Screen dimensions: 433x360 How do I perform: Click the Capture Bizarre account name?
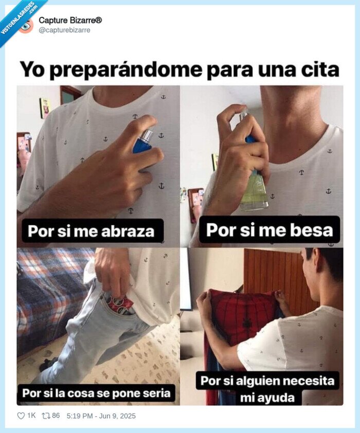click(x=70, y=21)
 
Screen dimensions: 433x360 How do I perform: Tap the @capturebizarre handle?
click(x=64, y=30)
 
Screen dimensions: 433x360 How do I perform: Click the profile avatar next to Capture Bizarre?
click(x=26, y=25)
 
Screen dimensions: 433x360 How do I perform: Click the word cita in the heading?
click(x=320, y=68)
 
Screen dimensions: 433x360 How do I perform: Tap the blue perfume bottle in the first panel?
click(x=142, y=143)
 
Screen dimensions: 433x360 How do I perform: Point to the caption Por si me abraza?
click(x=91, y=231)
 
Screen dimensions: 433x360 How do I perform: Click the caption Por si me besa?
click(x=269, y=230)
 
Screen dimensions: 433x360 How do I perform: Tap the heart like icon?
click(x=22, y=415)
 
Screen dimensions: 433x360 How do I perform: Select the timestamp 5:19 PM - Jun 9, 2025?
click(x=101, y=415)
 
